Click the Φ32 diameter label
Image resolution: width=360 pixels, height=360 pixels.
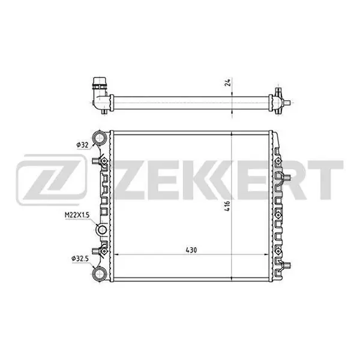click(82, 145)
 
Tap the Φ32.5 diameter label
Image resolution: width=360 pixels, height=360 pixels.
click(80, 259)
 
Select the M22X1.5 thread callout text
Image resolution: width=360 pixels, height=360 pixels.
click(77, 215)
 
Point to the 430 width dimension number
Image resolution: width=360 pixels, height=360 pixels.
click(191, 250)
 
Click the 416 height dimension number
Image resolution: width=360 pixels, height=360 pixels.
click(227, 206)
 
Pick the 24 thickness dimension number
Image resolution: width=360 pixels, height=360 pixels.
click(227, 83)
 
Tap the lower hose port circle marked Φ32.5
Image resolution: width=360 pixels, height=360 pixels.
click(100, 274)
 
